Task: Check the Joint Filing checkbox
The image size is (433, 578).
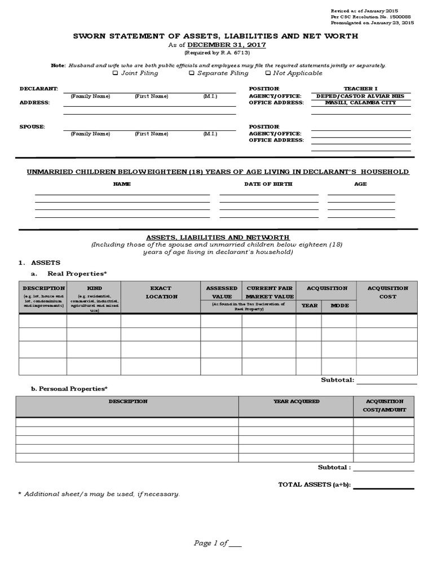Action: (x=116, y=73)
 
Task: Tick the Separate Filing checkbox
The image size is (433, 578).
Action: (x=192, y=73)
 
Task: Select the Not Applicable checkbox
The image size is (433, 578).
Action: (x=268, y=73)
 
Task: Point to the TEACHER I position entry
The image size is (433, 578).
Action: (x=361, y=89)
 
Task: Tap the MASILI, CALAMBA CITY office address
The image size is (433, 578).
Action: (x=361, y=103)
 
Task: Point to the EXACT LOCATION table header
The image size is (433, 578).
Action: (x=161, y=292)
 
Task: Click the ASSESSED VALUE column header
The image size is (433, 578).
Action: (x=222, y=292)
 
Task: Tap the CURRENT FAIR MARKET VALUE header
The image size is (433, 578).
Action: (x=269, y=292)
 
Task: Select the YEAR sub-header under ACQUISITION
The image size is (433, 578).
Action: (x=310, y=305)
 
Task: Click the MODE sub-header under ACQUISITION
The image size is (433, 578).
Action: (x=339, y=305)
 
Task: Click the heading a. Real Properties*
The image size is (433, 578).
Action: (x=68, y=274)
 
